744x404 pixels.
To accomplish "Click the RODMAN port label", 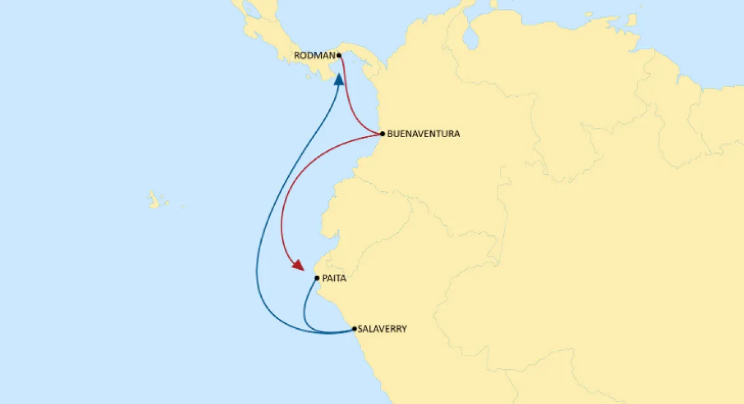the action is point(314,55).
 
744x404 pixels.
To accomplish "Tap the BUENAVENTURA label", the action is point(423,133).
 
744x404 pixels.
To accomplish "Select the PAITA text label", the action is point(334,279).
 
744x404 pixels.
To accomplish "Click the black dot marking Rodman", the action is point(339,55).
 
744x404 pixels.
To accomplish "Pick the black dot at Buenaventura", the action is point(383,133).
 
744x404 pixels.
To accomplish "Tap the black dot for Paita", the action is point(317,279).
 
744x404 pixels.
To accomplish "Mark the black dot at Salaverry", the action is point(354,329).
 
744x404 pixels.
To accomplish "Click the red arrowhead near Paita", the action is point(298,266).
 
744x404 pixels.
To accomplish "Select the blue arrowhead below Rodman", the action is point(339,79).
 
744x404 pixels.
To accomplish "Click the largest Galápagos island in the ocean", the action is point(153,200).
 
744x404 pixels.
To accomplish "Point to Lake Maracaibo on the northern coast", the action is point(472,38).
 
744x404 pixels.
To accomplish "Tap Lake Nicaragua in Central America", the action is point(252,10).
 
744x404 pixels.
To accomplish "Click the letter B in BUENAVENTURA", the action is point(389,133).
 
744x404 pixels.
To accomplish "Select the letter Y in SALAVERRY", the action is point(404,330).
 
